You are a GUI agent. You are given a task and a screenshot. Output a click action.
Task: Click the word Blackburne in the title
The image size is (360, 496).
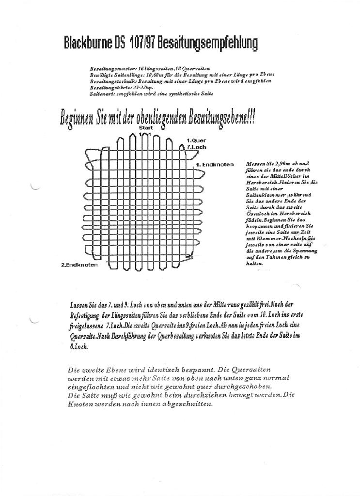point(88,44)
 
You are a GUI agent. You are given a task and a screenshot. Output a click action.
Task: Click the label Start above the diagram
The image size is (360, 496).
point(146,127)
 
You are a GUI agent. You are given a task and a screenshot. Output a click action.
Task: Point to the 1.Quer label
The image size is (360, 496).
point(196,140)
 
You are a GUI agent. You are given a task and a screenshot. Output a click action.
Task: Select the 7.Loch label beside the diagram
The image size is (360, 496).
point(196,146)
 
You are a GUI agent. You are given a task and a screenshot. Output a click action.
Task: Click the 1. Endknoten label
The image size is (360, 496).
point(215,165)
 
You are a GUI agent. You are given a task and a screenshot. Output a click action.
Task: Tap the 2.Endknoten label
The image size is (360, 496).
point(79,265)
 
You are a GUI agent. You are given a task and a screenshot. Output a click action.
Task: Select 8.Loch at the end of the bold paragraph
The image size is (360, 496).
point(78,347)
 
